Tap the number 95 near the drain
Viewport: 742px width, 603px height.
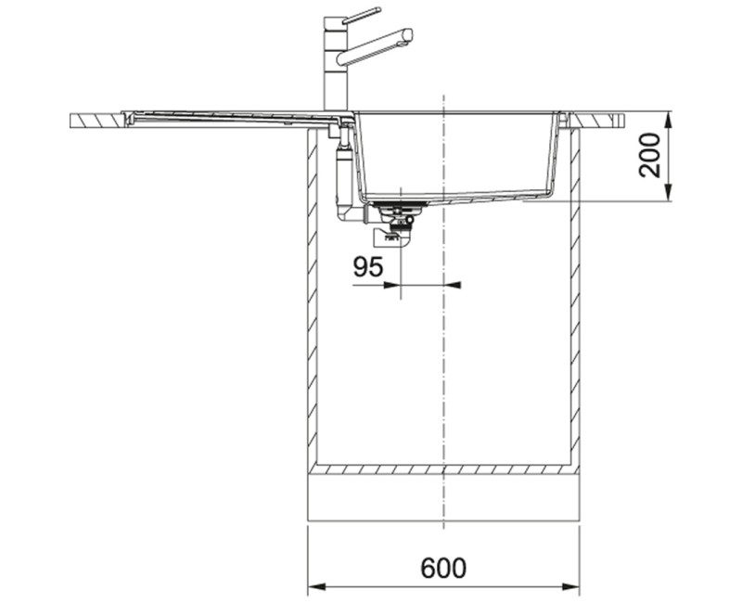[x=368, y=267]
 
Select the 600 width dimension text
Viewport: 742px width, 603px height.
[x=442, y=568]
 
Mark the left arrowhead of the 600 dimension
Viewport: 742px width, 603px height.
[x=313, y=587]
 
